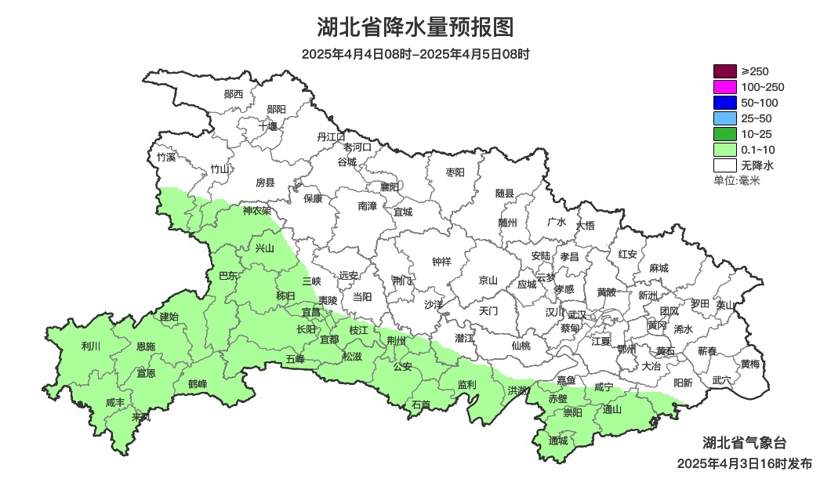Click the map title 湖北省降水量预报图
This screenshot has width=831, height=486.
[x=415, y=27]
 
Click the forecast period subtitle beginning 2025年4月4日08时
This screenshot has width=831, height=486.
[x=415, y=54]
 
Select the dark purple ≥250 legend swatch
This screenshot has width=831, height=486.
[x=724, y=71]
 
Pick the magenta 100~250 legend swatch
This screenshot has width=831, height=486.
[x=724, y=87]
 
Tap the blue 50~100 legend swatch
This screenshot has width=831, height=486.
[x=724, y=103]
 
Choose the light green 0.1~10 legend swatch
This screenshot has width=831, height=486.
[x=724, y=150]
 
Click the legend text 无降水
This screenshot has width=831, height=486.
[x=757, y=165]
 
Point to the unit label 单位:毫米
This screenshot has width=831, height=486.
[x=736, y=180]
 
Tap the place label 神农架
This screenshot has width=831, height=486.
[x=256, y=211]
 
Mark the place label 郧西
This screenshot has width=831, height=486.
[x=234, y=94]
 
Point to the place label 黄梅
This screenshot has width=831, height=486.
[x=750, y=364]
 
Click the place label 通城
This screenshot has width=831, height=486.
[x=558, y=441]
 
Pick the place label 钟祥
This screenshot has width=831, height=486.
[x=441, y=262]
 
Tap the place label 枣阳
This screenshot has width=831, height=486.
[x=455, y=172]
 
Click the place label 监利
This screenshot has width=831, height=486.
[x=466, y=384]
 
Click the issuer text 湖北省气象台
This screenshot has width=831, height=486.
[x=743, y=443]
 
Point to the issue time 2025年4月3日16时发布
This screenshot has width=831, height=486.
[x=744, y=464]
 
